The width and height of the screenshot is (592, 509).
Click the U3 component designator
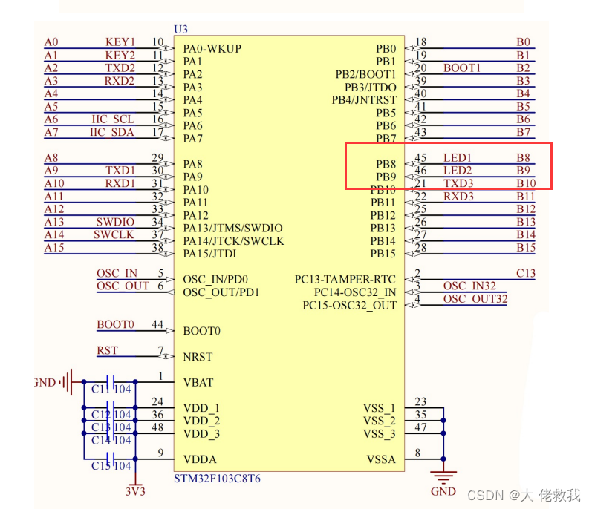click(180, 29)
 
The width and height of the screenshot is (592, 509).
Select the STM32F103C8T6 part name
click(217, 479)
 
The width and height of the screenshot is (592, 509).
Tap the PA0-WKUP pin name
click(212, 49)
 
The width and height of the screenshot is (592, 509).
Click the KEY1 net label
click(120, 42)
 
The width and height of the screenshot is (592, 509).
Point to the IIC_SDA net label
click(113, 132)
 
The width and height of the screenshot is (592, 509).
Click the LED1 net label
click(457, 158)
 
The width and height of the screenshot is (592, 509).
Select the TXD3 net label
click(458, 183)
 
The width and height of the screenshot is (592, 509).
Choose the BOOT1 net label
click(462, 68)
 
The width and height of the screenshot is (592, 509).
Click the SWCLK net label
click(114, 234)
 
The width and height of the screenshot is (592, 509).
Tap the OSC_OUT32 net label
click(475, 299)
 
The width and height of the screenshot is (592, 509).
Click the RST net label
click(107, 350)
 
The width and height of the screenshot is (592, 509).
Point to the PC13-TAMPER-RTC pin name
click(345, 280)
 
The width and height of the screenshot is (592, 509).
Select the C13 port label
click(525, 273)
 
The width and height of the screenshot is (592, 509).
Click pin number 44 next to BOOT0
click(157, 325)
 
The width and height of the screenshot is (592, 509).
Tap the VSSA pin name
click(381, 459)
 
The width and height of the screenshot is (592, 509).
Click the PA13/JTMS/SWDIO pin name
click(232, 228)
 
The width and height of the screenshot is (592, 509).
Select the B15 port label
click(526, 248)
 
